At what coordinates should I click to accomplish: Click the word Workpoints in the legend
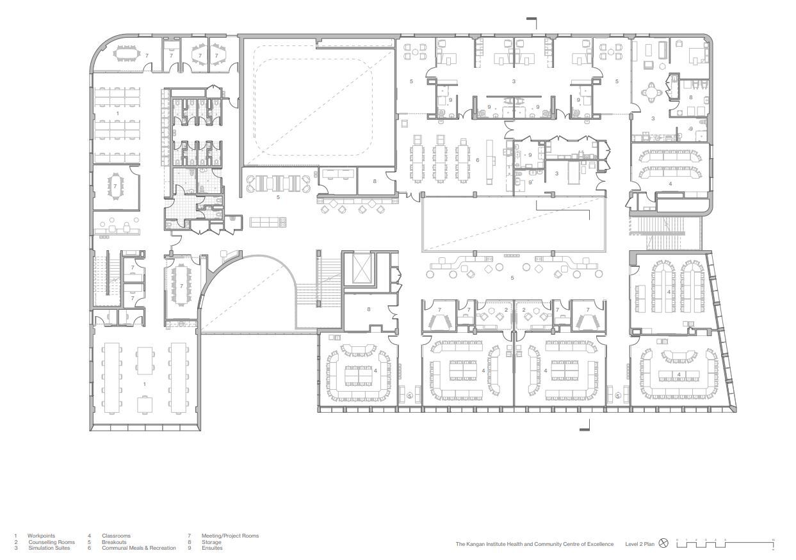pyautogui.click(x=41, y=536)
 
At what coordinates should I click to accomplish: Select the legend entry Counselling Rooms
pyautogui.click(x=51, y=542)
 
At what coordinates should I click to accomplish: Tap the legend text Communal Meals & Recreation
pyautogui.click(x=138, y=548)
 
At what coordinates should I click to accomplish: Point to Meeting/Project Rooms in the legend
pyautogui.click(x=230, y=536)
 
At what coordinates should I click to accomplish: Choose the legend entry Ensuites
pyautogui.click(x=212, y=548)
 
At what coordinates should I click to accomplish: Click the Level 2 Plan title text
pyautogui.click(x=640, y=544)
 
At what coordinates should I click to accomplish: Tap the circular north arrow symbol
pyautogui.click(x=663, y=544)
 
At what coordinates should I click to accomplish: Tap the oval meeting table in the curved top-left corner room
pyautogui.click(x=125, y=55)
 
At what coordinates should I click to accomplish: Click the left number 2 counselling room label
pyautogui.click(x=506, y=310)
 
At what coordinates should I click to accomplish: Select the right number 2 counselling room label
pyautogui.click(x=524, y=310)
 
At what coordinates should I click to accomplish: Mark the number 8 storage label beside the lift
pyautogui.click(x=369, y=310)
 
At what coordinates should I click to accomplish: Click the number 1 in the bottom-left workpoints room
pyautogui.click(x=145, y=384)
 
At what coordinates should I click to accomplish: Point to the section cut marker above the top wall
pyautogui.click(x=532, y=22)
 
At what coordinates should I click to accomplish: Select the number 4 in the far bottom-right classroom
pyautogui.click(x=679, y=374)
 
